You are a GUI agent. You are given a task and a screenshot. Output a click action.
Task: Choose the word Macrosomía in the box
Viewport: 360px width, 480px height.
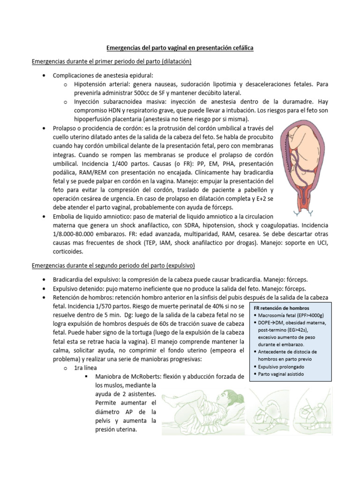pos(272,315)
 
